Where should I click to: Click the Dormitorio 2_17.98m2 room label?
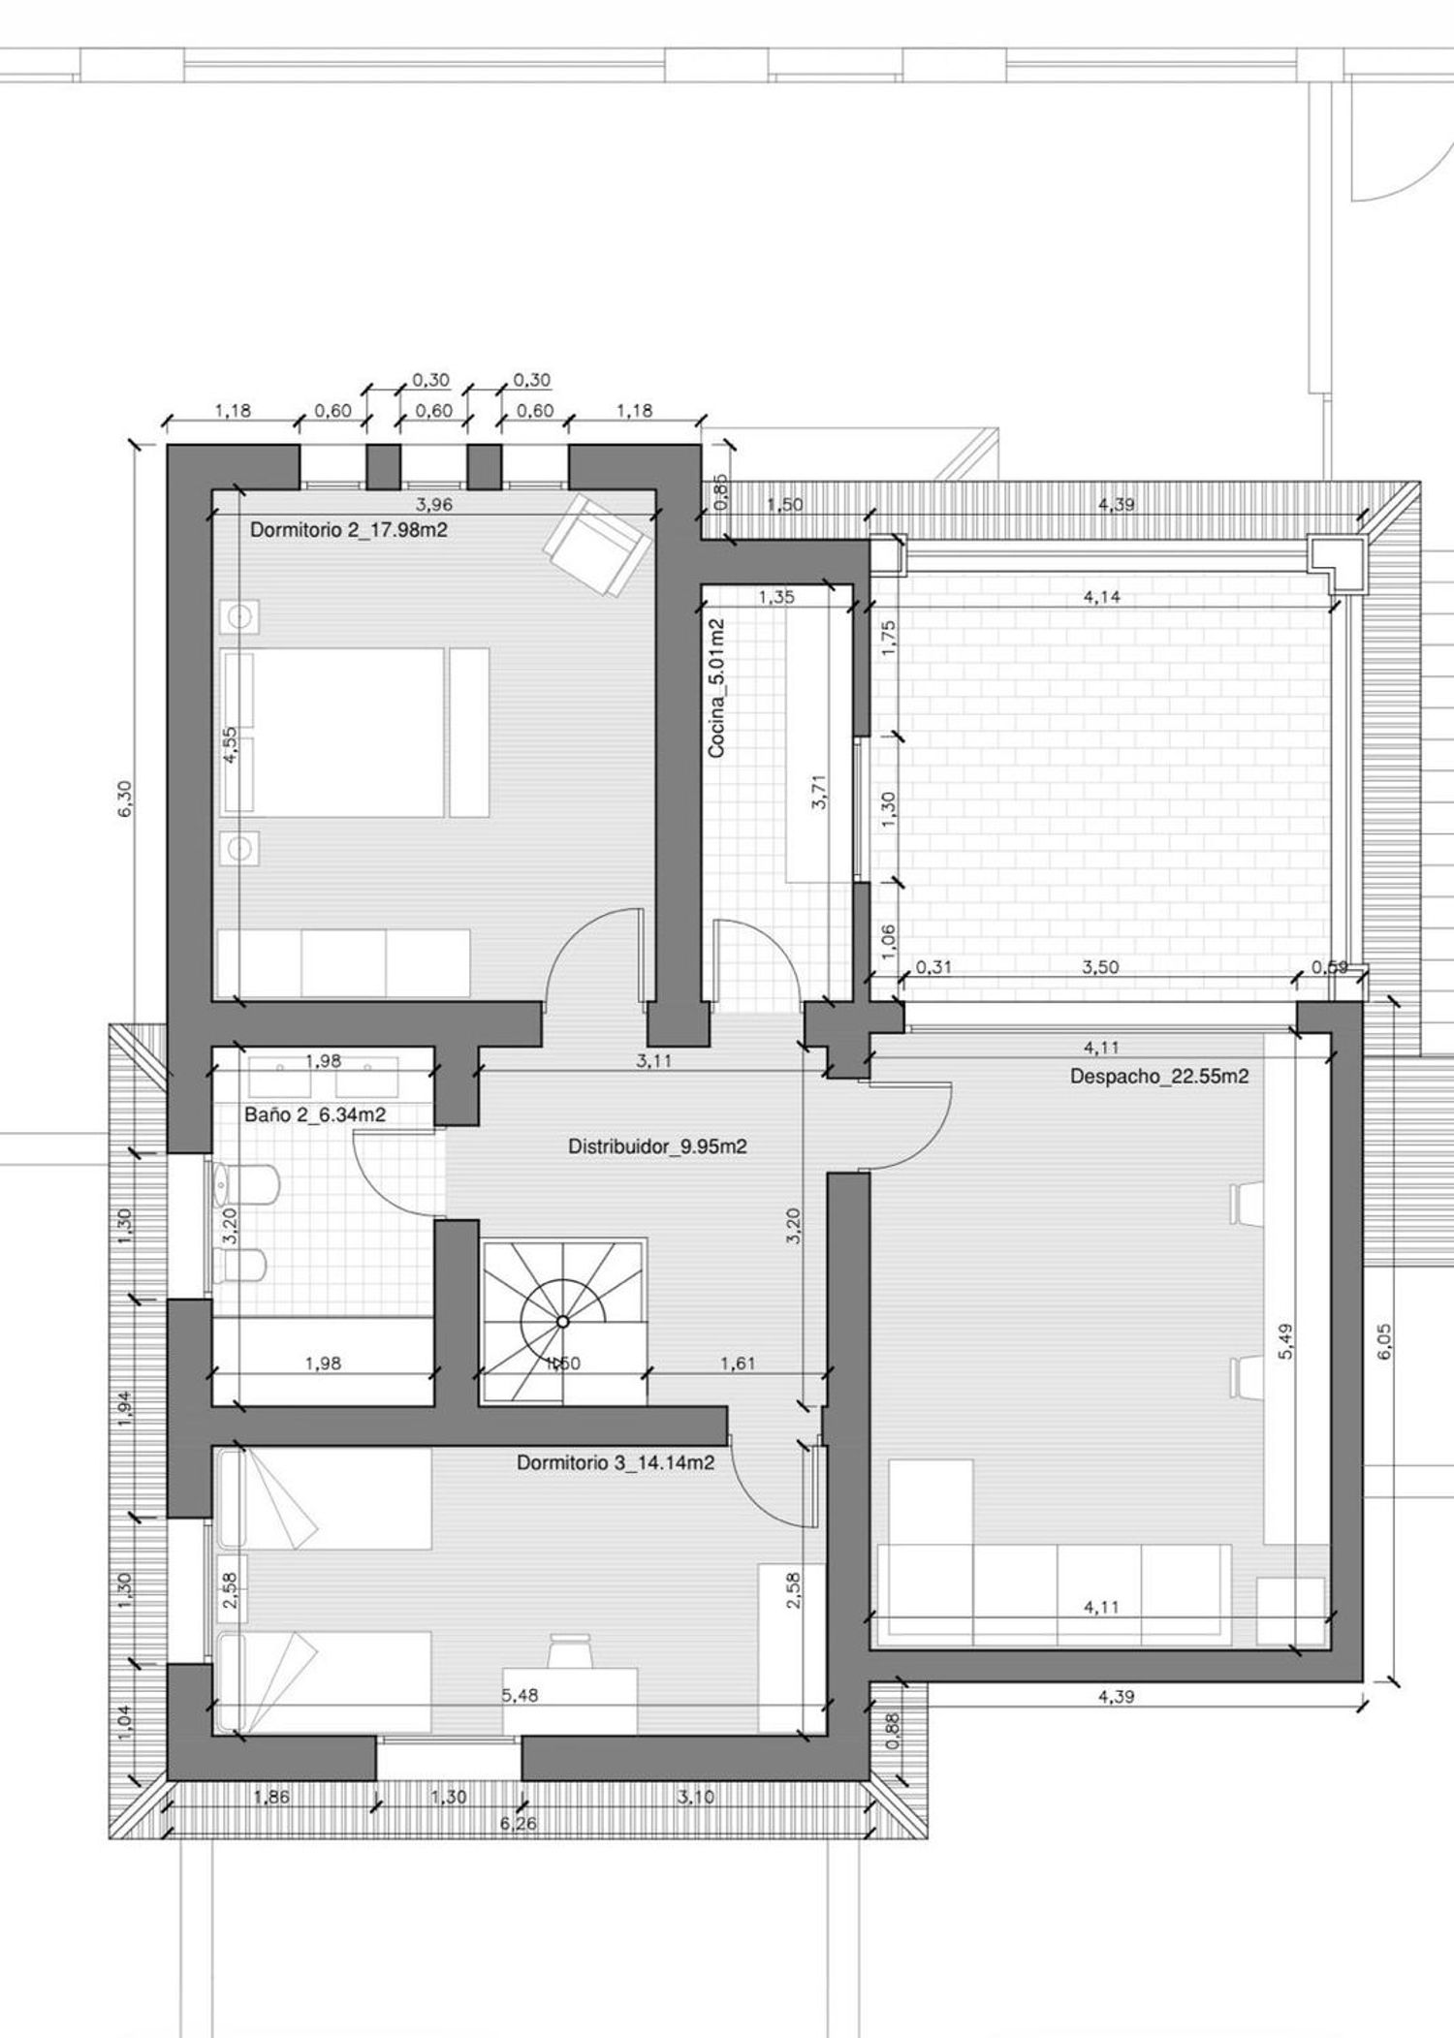(349, 530)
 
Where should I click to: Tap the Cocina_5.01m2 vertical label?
(716, 688)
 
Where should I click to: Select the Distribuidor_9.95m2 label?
(657, 1146)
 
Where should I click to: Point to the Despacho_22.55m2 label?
(1159, 1076)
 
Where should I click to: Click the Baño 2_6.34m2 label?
(315, 1115)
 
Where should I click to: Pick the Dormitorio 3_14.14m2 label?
(616, 1462)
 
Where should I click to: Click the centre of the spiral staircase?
(563, 1321)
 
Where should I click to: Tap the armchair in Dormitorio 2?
(596, 544)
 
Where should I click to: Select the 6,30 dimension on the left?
(125, 799)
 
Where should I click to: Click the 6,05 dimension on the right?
(1384, 1341)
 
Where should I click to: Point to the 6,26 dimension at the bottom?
(518, 1823)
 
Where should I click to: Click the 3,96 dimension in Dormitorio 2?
(433, 504)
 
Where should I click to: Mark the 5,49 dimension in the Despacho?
(1286, 1341)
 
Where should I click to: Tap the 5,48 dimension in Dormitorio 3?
(520, 1695)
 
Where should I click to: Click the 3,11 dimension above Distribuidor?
(653, 1061)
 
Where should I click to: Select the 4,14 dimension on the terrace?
(1102, 597)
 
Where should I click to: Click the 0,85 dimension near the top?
(720, 491)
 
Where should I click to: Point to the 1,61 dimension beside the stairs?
(738, 1364)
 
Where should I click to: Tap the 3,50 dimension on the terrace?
(1101, 967)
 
